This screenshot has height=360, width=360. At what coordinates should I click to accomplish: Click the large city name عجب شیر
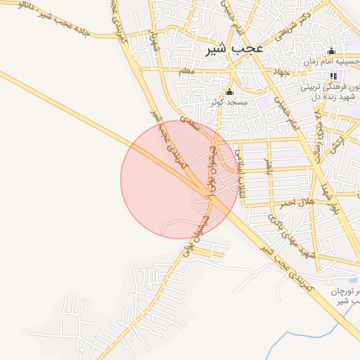tap(235, 49)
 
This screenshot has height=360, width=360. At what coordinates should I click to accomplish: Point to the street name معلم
tap(186, 71)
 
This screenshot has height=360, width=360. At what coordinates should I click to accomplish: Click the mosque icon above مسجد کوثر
tap(229, 91)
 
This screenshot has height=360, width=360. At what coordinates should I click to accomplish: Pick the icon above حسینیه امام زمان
tap(332, 51)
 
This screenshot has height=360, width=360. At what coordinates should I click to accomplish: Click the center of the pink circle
tap(179, 179)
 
